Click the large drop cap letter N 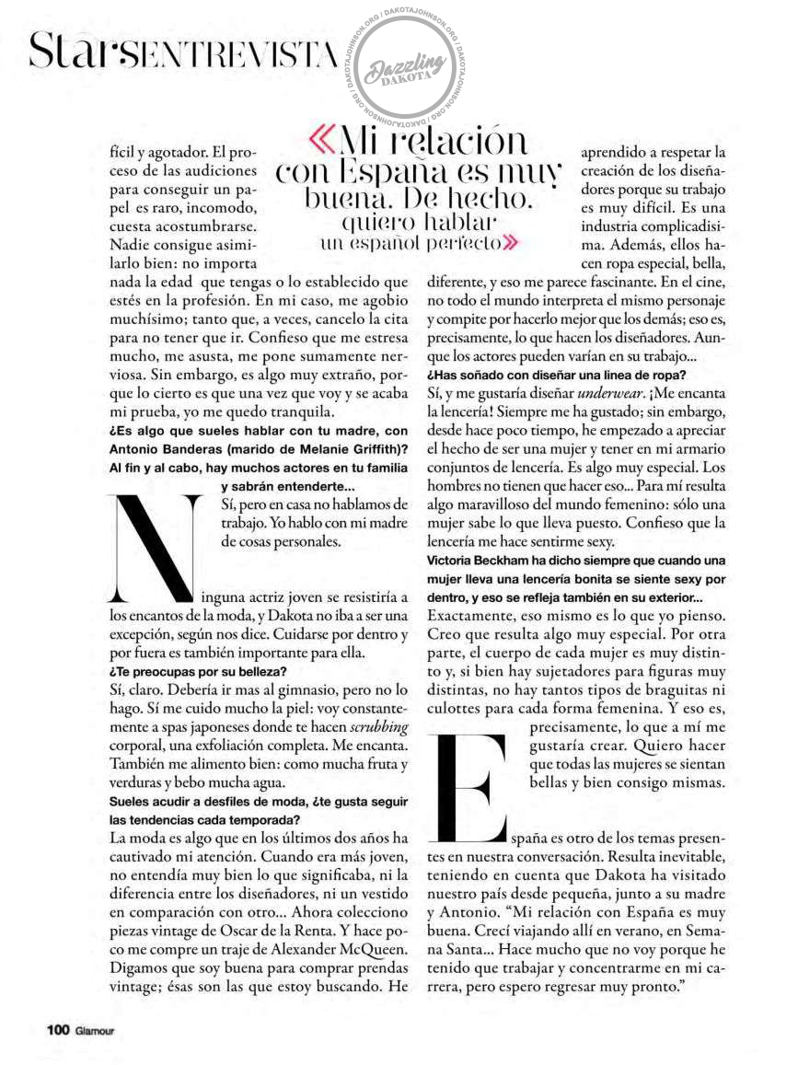point(154,543)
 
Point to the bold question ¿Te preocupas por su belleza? point(198,671)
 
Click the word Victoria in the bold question point(453,561)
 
